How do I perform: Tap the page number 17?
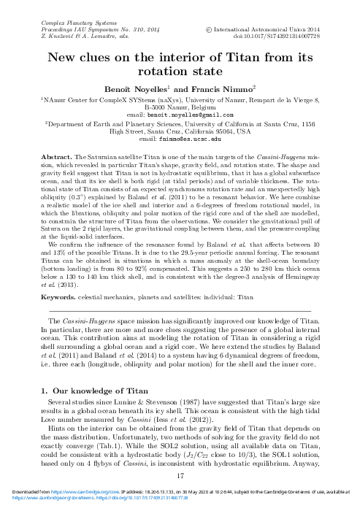pos(180,475)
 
